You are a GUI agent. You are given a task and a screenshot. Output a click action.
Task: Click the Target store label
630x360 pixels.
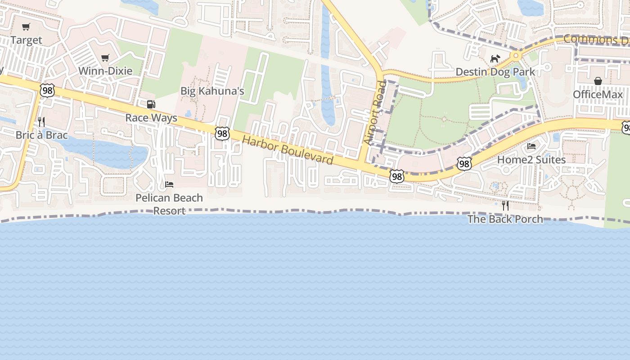coord(26,40)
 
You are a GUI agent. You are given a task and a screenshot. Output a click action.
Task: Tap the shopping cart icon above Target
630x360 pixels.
coord(26,27)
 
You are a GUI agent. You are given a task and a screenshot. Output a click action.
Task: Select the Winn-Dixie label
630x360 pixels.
coord(105,71)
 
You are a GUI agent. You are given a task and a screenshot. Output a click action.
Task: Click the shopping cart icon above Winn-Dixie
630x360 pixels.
coord(105,58)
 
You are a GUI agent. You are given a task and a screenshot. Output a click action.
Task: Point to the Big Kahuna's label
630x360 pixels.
coord(212,91)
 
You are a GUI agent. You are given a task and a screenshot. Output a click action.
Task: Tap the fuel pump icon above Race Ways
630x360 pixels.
coord(151,104)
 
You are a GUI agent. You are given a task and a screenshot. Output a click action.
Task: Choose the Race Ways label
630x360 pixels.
coord(151,118)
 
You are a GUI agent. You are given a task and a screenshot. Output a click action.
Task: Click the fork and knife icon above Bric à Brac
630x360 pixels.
coord(41,121)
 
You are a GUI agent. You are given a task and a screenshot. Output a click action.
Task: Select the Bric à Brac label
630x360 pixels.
coord(41,135)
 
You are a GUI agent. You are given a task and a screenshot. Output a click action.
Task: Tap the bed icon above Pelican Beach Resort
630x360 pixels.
coord(169,184)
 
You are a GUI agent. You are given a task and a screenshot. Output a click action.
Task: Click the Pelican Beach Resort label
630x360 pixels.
coord(169,204)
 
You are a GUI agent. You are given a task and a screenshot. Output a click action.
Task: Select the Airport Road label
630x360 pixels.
coord(375,112)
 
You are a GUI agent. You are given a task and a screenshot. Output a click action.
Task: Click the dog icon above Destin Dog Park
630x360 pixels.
coord(495,58)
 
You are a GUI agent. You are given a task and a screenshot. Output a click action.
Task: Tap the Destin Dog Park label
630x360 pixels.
coord(495,72)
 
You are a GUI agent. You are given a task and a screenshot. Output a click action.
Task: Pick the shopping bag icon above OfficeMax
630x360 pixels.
coord(598,81)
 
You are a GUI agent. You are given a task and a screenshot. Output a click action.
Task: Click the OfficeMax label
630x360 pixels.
coord(598,94)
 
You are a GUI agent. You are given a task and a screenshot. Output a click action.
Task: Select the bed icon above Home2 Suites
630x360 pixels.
coord(531,146)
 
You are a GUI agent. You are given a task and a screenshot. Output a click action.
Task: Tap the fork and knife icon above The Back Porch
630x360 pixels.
coord(505,206)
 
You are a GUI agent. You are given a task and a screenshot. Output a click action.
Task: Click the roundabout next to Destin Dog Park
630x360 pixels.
coord(516,56)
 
